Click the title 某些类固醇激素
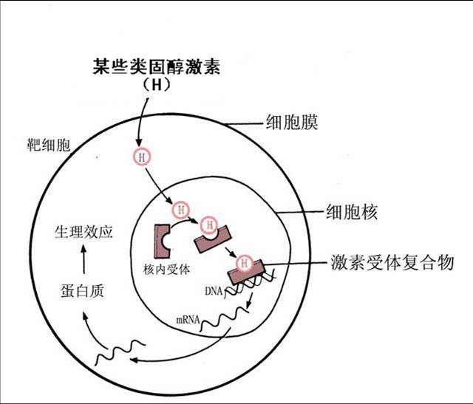pos(157,66)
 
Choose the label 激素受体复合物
pos(392,262)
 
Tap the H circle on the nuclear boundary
pos(180,210)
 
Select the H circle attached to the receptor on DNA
pos(243,261)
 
